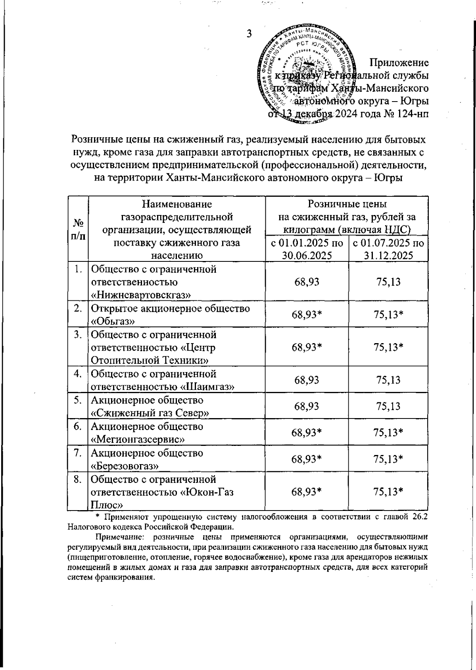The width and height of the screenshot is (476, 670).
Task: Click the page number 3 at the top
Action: [250, 33]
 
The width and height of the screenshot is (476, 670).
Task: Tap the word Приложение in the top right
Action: [399, 63]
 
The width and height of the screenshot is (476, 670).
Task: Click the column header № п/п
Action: [78, 229]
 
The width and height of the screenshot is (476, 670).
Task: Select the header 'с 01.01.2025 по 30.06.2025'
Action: [307, 249]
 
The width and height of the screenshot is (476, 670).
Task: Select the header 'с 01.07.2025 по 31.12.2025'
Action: [388, 249]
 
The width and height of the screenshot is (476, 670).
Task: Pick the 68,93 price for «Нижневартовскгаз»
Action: [307, 282]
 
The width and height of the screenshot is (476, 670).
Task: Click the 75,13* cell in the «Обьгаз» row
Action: [388, 314]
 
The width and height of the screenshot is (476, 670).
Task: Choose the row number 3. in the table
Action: [78, 334]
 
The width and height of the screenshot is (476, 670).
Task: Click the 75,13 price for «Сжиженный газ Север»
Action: [388, 406]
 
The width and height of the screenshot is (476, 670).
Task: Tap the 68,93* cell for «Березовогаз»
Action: [307, 459]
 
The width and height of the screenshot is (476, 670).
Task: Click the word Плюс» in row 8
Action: [106, 505]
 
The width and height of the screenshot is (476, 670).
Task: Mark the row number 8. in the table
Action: [78, 479]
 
